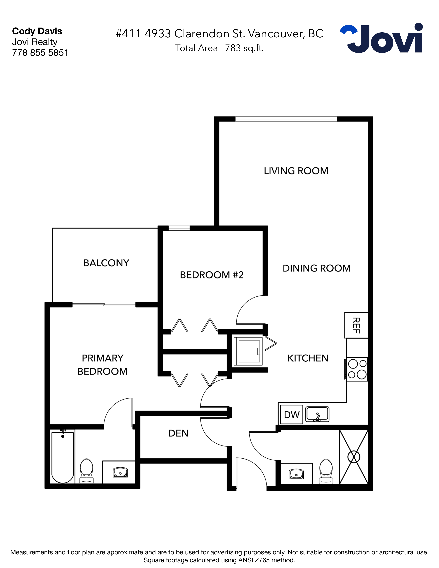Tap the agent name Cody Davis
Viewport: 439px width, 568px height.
coord(37,31)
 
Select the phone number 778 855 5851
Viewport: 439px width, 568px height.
coord(40,53)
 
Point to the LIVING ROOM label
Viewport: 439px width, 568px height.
coord(296,171)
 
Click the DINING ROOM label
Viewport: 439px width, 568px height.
coord(316,268)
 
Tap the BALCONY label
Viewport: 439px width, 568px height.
coord(106,263)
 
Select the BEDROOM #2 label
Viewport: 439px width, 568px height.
coord(212,275)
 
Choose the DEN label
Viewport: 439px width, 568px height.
coord(178,433)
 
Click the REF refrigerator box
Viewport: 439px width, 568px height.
coord(356,325)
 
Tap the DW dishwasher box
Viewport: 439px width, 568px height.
coord(291,415)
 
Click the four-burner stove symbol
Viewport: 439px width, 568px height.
coord(357,369)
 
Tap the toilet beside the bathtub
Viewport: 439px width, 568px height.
coord(87,471)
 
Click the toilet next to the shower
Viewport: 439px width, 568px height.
coord(326,471)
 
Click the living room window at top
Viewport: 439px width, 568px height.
coord(286,119)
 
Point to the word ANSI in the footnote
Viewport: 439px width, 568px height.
coord(246,560)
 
